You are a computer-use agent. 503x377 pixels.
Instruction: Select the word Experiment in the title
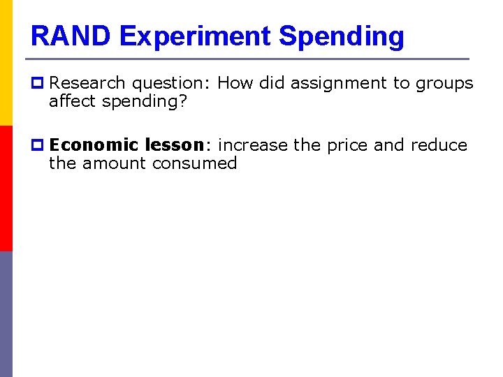pyautogui.click(x=195, y=36)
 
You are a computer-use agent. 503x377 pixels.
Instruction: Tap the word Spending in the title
pyautogui.click(x=341, y=36)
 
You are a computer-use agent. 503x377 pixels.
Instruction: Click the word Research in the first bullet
pyautogui.click(x=88, y=83)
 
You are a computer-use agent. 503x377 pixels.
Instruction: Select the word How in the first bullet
pyautogui.click(x=235, y=83)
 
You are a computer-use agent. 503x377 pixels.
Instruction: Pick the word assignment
pyautogui.click(x=338, y=83)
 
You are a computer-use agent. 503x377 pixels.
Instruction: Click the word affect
pyautogui.click(x=73, y=101)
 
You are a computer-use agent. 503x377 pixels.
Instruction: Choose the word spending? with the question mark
pyautogui.click(x=145, y=103)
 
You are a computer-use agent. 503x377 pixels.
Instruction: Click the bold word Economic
pyautogui.click(x=94, y=145)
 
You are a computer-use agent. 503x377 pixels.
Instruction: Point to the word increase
pyautogui.click(x=253, y=145)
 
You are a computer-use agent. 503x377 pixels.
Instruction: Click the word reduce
pyautogui.click(x=439, y=145)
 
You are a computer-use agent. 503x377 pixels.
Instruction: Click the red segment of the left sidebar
pyautogui.click(x=6, y=188)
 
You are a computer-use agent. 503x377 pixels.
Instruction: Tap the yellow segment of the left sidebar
pyautogui.click(x=6, y=63)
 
